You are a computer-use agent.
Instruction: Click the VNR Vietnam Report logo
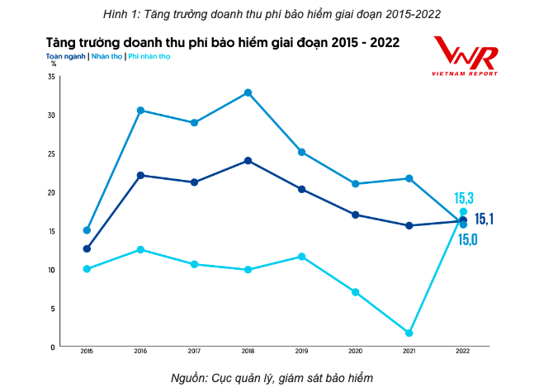(466, 57)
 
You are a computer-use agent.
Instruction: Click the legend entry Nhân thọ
(107, 56)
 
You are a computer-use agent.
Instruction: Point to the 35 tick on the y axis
(51, 77)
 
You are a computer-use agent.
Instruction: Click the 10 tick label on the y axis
(51, 270)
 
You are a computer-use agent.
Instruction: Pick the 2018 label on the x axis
(248, 352)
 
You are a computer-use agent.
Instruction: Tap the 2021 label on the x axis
(409, 352)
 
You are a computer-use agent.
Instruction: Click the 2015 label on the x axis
(87, 352)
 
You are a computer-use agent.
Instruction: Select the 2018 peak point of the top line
(248, 92)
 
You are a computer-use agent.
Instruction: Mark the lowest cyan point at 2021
(409, 333)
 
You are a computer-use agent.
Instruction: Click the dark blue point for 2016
(140, 175)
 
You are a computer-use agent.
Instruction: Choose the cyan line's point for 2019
(302, 257)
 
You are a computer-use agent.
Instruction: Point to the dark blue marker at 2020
(356, 215)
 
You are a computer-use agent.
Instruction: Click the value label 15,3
(464, 198)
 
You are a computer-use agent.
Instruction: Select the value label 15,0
(468, 239)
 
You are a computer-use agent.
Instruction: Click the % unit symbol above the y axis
(54, 63)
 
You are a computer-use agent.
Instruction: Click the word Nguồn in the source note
(189, 378)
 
